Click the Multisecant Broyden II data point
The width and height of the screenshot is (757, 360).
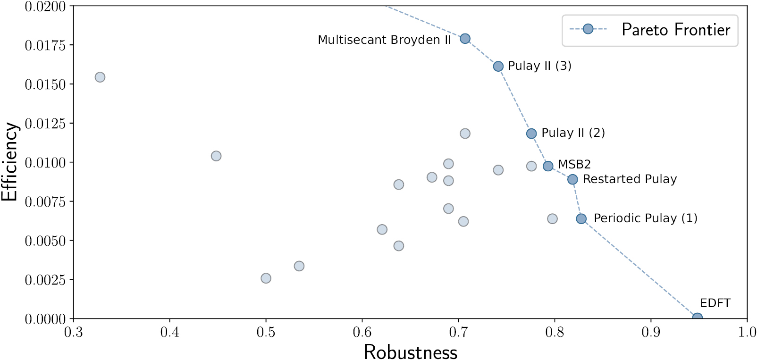pyautogui.click(x=465, y=39)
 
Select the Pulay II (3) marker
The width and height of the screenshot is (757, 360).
pyautogui.click(x=498, y=67)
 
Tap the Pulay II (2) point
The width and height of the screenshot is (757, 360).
pyautogui.click(x=531, y=134)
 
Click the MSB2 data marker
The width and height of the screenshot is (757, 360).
pyautogui.click(x=548, y=166)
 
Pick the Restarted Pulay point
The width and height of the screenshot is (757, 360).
pyautogui.click(x=572, y=179)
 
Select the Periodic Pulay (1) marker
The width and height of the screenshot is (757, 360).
pyautogui.click(x=581, y=219)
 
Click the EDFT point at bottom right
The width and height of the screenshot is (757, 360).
pyautogui.click(x=697, y=318)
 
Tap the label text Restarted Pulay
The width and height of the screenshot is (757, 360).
pyautogui.click(x=630, y=179)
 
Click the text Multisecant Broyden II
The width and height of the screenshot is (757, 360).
pyautogui.click(x=384, y=40)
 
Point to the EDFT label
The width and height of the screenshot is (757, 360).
pyautogui.click(x=715, y=303)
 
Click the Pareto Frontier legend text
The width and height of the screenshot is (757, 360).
pyautogui.click(x=675, y=30)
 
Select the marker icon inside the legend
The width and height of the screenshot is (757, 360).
pyautogui.click(x=588, y=29)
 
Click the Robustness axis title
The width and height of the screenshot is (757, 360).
pyautogui.click(x=410, y=352)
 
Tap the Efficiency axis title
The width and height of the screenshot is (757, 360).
pyautogui.click(x=9, y=162)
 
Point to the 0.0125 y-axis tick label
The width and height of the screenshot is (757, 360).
pyautogui.click(x=45, y=124)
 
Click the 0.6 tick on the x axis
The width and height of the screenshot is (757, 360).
pyautogui.click(x=362, y=332)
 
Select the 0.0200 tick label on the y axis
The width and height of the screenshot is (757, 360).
pyautogui.click(x=45, y=7)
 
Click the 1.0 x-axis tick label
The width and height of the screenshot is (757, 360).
pyautogui.click(x=747, y=332)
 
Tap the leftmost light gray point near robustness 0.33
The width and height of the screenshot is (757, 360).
pyautogui.click(x=100, y=77)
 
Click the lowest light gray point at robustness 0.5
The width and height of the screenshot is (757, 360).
pyautogui.click(x=266, y=278)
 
